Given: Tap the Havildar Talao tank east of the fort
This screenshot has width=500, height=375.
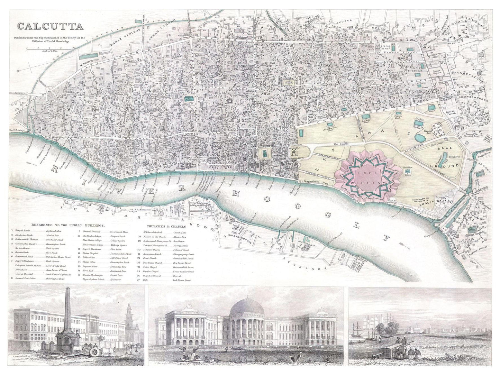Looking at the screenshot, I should pos(409,171).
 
